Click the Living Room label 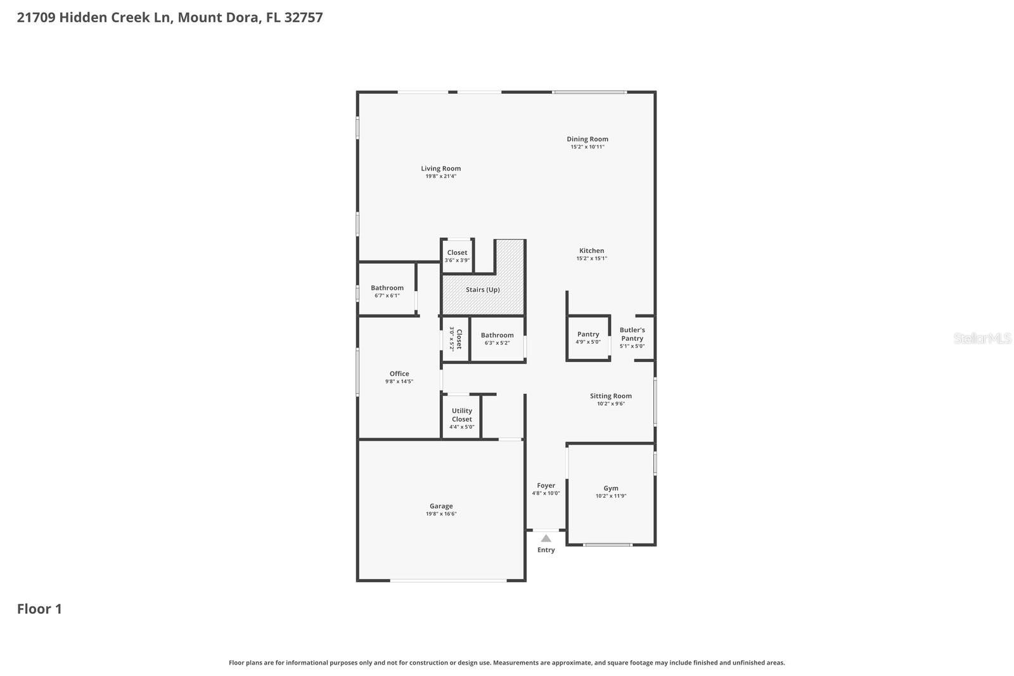click(x=440, y=169)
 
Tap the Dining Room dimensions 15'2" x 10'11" click(x=587, y=147)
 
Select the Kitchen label click(x=591, y=250)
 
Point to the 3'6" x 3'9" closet click(x=457, y=256)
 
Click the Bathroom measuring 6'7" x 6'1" click(x=387, y=291)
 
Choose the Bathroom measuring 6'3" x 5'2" click(x=497, y=339)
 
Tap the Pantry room click(x=588, y=337)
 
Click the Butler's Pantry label click(x=632, y=334)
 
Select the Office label click(x=399, y=374)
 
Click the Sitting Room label click(x=610, y=396)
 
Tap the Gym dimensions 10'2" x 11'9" click(x=610, y=496)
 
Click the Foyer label click(x=546, y=485)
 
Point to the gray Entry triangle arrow click(x=546, y=538)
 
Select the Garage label click(x=440, y=506)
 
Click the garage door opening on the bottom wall click(x=447, y=580)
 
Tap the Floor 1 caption click(x=39, y=609)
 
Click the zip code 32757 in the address click(x=304, y=17)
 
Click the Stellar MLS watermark click(x=982, y=339)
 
